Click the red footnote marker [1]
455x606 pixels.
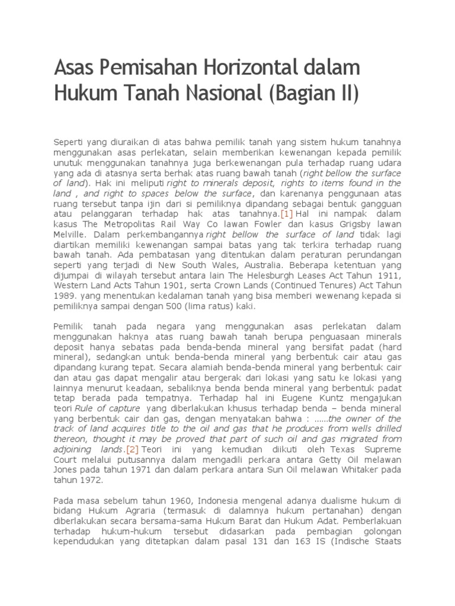(287, 213)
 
